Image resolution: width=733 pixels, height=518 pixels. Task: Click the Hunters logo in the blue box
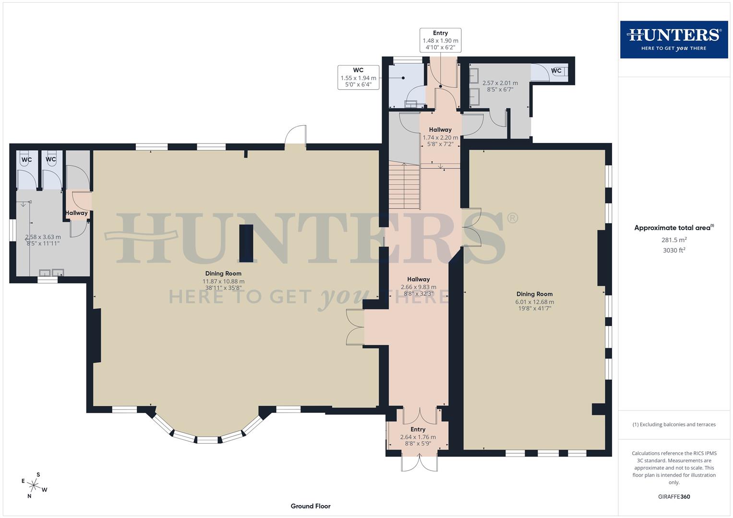coord(673,39)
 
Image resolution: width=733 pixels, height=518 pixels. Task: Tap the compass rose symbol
coord(34,485)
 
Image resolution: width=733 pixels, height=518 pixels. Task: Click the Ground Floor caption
coord(311,506)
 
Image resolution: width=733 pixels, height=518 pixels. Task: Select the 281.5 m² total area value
coord(674,240)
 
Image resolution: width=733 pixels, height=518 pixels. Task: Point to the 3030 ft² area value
coord(674,250)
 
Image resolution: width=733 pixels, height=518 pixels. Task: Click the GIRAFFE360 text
coord(674,496)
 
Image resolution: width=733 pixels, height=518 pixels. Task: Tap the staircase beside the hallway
coord(405,186)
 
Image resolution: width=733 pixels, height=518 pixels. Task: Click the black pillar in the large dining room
coord(246,243)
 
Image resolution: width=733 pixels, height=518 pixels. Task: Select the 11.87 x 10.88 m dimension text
coord(223,282)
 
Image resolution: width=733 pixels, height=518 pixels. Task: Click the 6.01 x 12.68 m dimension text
coord(534,302)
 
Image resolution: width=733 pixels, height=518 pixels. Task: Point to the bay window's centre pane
coord(208,440)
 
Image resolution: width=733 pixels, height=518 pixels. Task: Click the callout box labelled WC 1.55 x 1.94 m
coord(358,78)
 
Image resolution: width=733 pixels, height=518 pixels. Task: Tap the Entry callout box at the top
coord(440,40)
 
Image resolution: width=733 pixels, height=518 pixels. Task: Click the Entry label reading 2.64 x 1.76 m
coord(418,437)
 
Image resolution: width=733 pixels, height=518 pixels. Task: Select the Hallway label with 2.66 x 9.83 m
coord(418,287)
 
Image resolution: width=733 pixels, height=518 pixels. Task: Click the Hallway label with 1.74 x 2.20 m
coord(440,137)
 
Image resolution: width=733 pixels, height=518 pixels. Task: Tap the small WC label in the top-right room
coord(556,71)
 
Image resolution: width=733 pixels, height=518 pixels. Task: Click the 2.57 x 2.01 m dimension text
coord(500,83)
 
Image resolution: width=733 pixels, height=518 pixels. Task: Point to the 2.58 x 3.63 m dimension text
coord(43,237)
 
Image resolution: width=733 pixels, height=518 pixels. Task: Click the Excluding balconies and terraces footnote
coord(674,424)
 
